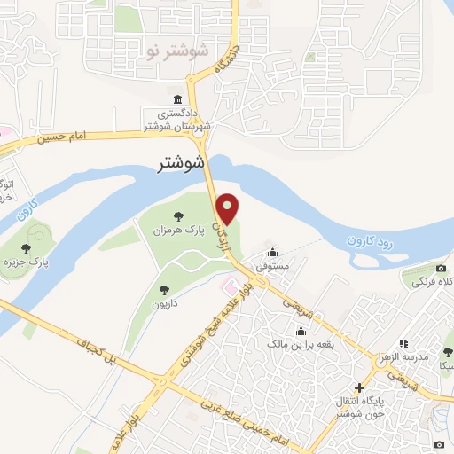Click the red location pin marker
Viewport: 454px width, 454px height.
pos(229,208)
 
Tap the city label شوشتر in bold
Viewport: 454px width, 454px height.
pos(179,162)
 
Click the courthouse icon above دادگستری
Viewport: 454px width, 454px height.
pos(178,98)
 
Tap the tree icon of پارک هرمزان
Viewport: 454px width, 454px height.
pos(179,215)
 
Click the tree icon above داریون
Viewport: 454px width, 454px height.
pos(163,288)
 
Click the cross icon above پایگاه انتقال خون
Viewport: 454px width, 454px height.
pos(359,387)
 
